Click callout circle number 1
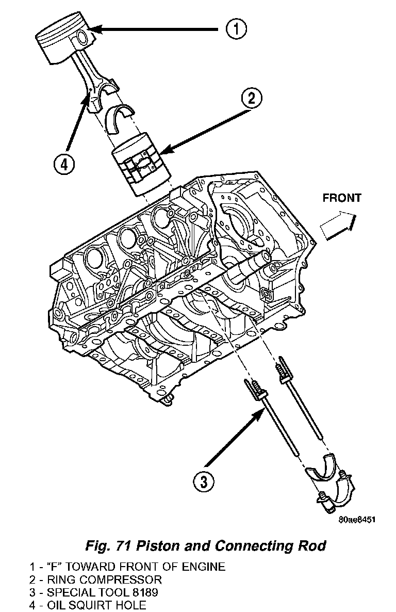235,29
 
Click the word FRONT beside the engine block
342,198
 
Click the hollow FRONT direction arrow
338,226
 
